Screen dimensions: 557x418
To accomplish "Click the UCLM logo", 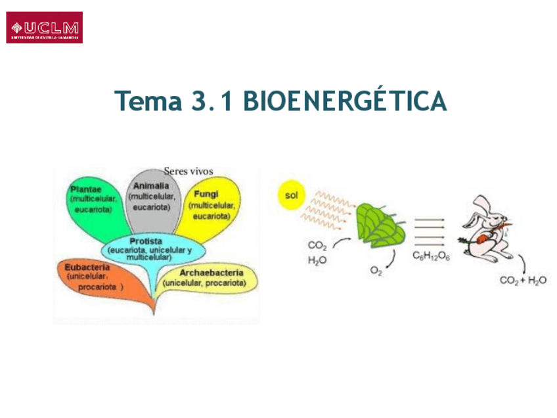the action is coord(45,28).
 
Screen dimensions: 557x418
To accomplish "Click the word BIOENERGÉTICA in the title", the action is coord(345,101).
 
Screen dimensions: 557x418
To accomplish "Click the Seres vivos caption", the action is coord(189,172).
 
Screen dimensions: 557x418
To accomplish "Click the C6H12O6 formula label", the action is coord(431,256).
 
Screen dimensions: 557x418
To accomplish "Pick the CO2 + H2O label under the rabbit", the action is coord(523,281).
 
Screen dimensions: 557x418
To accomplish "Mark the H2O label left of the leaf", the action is coord(317,260).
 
